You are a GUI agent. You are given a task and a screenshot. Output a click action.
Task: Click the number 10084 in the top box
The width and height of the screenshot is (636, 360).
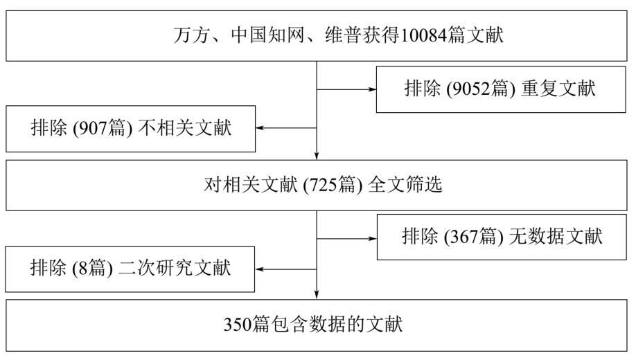click(x=424, y=35)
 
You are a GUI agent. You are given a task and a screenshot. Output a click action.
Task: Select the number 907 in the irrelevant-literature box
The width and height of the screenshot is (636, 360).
click(x=92, y=129)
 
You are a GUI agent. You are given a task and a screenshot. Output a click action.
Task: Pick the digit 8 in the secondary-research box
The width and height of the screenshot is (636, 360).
click(x=83, y=269)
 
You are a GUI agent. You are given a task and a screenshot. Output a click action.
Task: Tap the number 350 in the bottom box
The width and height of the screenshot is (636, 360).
click(x=238, y=325)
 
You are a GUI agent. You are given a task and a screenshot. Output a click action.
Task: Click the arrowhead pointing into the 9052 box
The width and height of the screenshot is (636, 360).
click(x=372, y=89)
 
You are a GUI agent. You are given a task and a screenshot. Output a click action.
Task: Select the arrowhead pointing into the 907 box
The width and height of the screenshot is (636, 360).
click(x=260, y=128)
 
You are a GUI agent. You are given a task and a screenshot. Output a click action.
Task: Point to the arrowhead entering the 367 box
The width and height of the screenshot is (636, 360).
click(x=373, y=239)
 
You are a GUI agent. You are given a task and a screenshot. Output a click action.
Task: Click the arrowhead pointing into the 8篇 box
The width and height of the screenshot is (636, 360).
click(x=260, y=269)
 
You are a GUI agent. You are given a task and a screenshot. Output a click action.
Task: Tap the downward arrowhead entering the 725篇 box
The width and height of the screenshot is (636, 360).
click(x=317, y=156)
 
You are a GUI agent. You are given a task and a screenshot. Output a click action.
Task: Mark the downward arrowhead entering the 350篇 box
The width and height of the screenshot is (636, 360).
click(x=317, y=295)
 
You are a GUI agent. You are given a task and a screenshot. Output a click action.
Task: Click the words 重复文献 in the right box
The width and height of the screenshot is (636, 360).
click(x=558, y=89)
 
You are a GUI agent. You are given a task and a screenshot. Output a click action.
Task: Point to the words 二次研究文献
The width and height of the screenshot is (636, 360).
click(x=175, y=269)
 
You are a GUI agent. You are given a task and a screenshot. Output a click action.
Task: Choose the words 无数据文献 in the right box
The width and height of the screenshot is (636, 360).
click(x=556, y=237)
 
